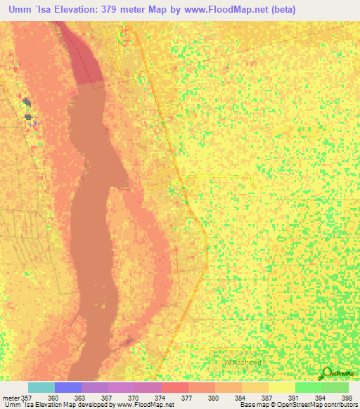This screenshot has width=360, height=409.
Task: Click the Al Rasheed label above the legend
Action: pyautogui.click(x=243, y=362)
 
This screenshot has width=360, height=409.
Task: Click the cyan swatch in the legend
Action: pyautogui.click(x=41, y=387)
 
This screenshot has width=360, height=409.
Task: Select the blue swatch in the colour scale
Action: pyautogui.click(x=68, y=387)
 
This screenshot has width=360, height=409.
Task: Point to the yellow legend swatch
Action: pyautogui.click(x=281, y=387)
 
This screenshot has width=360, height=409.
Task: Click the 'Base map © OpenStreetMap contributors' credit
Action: pyautogui.click(x=298, y=405)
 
